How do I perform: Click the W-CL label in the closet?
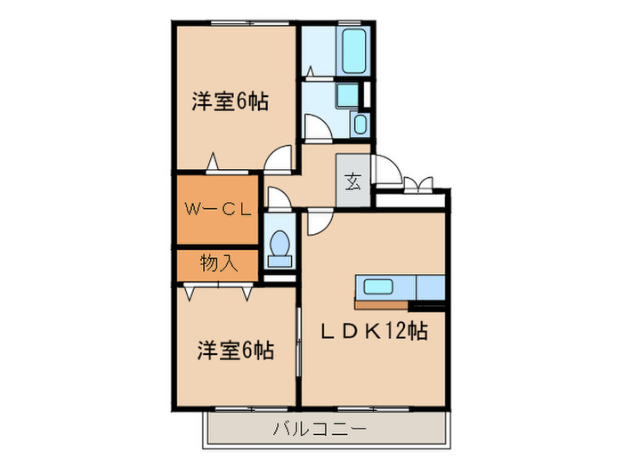pos(218,211)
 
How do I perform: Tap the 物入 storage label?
pos(218,263)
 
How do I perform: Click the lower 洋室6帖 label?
pos(235,350)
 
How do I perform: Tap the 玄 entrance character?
pos(351,181)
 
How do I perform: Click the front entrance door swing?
pos(388,168)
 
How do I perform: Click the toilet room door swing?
pos(277,197)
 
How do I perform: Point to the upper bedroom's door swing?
pos(280,158)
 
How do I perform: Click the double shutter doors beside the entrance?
pos(417,184)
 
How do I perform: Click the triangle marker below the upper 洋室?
pos(213,163)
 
